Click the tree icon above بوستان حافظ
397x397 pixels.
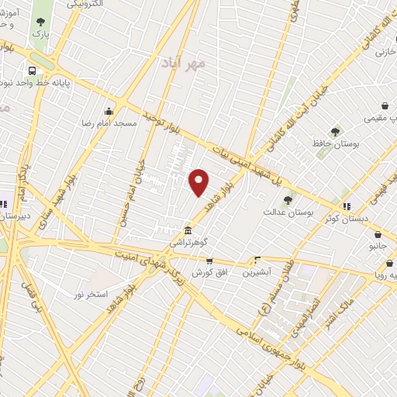click(335, 132)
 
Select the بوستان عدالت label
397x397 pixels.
click(286, 211)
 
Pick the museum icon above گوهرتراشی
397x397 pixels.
click(188, 230)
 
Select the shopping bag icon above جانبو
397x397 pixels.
click(378, 235)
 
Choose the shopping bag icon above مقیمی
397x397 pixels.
click(385, 105)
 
